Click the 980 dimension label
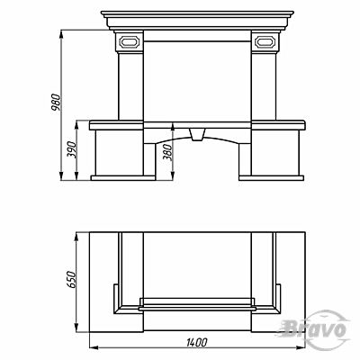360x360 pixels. [57, 103]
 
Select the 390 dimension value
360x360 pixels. [72, 150]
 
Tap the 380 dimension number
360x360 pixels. [168, 152]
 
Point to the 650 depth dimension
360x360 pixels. [71, 280]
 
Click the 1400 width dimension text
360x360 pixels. [196, 342]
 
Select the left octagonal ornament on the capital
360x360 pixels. [130, 41]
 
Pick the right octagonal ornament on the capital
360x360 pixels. [265, 41]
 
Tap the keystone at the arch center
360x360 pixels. [198, 134]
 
